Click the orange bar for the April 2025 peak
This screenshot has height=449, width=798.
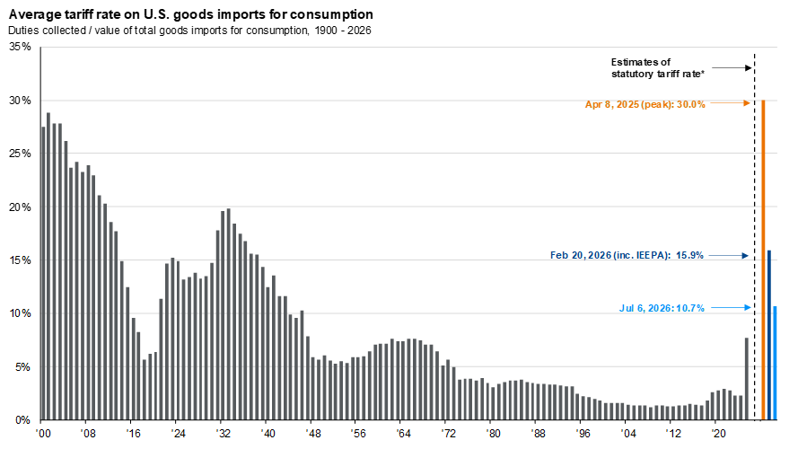(x=763, y=260)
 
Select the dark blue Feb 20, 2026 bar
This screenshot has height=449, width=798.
(x=769, y=335)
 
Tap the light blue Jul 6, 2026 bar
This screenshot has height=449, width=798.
(x=775, y=363)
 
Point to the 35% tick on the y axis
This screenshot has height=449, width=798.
(x=20, y=47)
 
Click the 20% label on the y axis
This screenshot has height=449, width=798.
(x=20, y=207)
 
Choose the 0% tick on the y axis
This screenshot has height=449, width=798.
(x=22, y=420)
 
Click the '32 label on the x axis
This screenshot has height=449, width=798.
(x=223, y=434)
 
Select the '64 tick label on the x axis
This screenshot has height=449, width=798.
(x=403, y=434)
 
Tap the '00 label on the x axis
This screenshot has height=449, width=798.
(x=43, y=434)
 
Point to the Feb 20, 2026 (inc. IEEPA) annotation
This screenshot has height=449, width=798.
(x=627, y=255)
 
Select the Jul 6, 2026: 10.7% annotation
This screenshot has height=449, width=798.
(x=662, y=308)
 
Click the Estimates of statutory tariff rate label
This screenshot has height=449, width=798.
(x=658, y=67)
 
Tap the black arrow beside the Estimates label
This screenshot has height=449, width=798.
(x=732, y=67)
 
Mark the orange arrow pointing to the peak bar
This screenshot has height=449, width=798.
(x=731, y=103)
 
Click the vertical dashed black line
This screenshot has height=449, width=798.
(x=754, y=237)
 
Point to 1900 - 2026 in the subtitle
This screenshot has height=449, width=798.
(x=343, y=31)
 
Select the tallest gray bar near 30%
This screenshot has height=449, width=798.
(x=48, y=266)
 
